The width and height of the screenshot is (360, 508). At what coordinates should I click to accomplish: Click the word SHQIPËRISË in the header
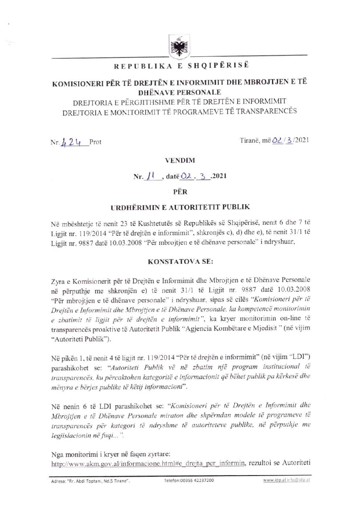point(218,65)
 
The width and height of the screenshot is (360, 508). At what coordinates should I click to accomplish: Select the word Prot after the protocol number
point(95,142)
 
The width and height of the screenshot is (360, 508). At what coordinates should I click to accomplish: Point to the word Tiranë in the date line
point(250,140)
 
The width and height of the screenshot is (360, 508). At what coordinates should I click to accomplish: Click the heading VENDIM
point(180,160)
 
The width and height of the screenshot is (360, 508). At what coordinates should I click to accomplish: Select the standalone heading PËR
point(180,192)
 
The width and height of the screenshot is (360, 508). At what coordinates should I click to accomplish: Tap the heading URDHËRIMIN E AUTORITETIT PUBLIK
point(180,207)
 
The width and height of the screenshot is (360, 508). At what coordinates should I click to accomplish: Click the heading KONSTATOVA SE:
point(180,262)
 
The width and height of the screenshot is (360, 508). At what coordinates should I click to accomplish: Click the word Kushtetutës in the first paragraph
point(157,224)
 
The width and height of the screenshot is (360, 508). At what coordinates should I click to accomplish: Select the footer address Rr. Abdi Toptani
point(90,481)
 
